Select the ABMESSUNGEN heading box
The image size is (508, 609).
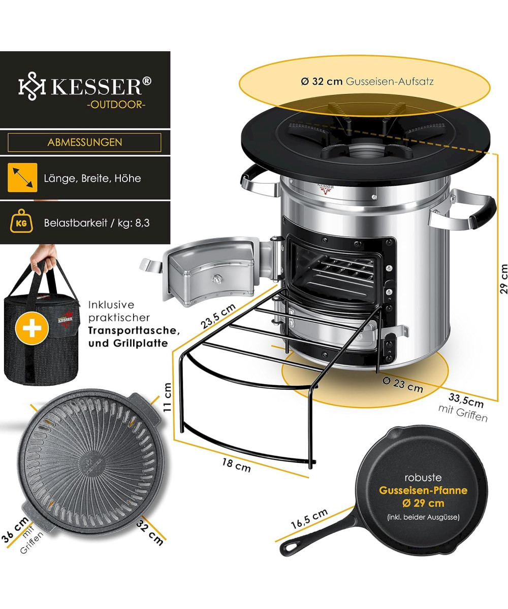pyautogui.click(x=84, y=142)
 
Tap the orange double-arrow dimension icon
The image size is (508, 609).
pyautogui.click(x=22, y=178)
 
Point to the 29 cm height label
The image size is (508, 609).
pyautogui.click(x=503, y=279)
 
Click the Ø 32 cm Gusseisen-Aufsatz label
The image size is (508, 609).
pyautogui.click(x=367, y=81)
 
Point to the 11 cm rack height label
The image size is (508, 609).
pyautogui.click(x=168, y=397)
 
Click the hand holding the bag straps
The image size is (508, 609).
pyautogui.click(x=44, y=257)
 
